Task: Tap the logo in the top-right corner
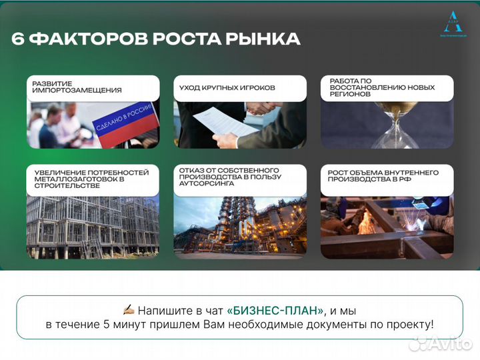453,23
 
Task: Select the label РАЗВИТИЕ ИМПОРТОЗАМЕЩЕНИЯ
77,87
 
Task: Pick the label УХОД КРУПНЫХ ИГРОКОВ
227,87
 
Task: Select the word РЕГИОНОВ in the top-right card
349,94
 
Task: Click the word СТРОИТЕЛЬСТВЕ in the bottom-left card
67,186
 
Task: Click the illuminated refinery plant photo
239,227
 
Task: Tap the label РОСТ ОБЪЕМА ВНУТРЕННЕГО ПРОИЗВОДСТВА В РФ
383,176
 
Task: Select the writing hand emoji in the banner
129,310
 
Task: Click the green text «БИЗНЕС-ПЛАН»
275,311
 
